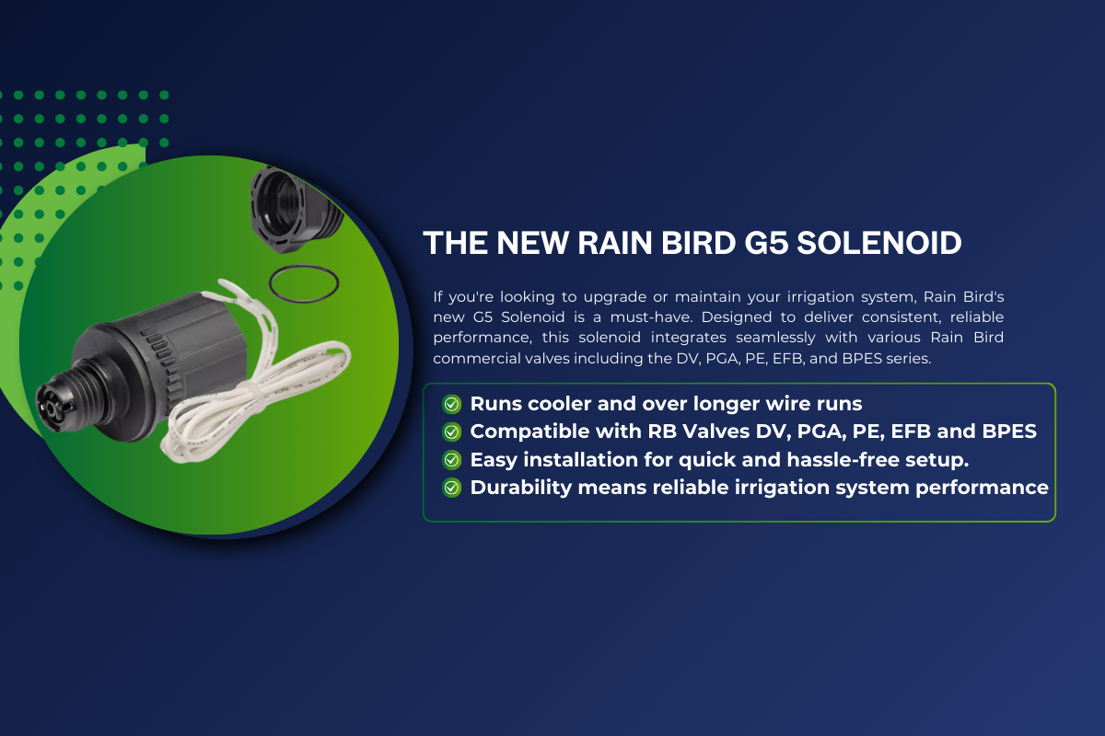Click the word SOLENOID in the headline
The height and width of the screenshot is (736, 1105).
click(x=879, y=243)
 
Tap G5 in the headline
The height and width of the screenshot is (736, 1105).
click(x=765, y=243)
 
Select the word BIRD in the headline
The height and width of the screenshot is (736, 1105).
click(x=698, y=243)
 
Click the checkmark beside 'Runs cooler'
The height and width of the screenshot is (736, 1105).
click(x=451, y=404)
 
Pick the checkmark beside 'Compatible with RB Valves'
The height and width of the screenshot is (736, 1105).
click(x=451, y=431)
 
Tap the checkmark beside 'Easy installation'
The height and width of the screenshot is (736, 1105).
click(x=451, y=460)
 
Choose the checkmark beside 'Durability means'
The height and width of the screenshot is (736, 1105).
click(x=451, y=488)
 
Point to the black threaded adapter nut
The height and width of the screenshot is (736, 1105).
click(x=295, y=210)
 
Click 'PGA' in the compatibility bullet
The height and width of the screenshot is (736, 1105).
click(x=819, y=431)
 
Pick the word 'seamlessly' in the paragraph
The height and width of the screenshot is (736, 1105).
click(x=775, y=338)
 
